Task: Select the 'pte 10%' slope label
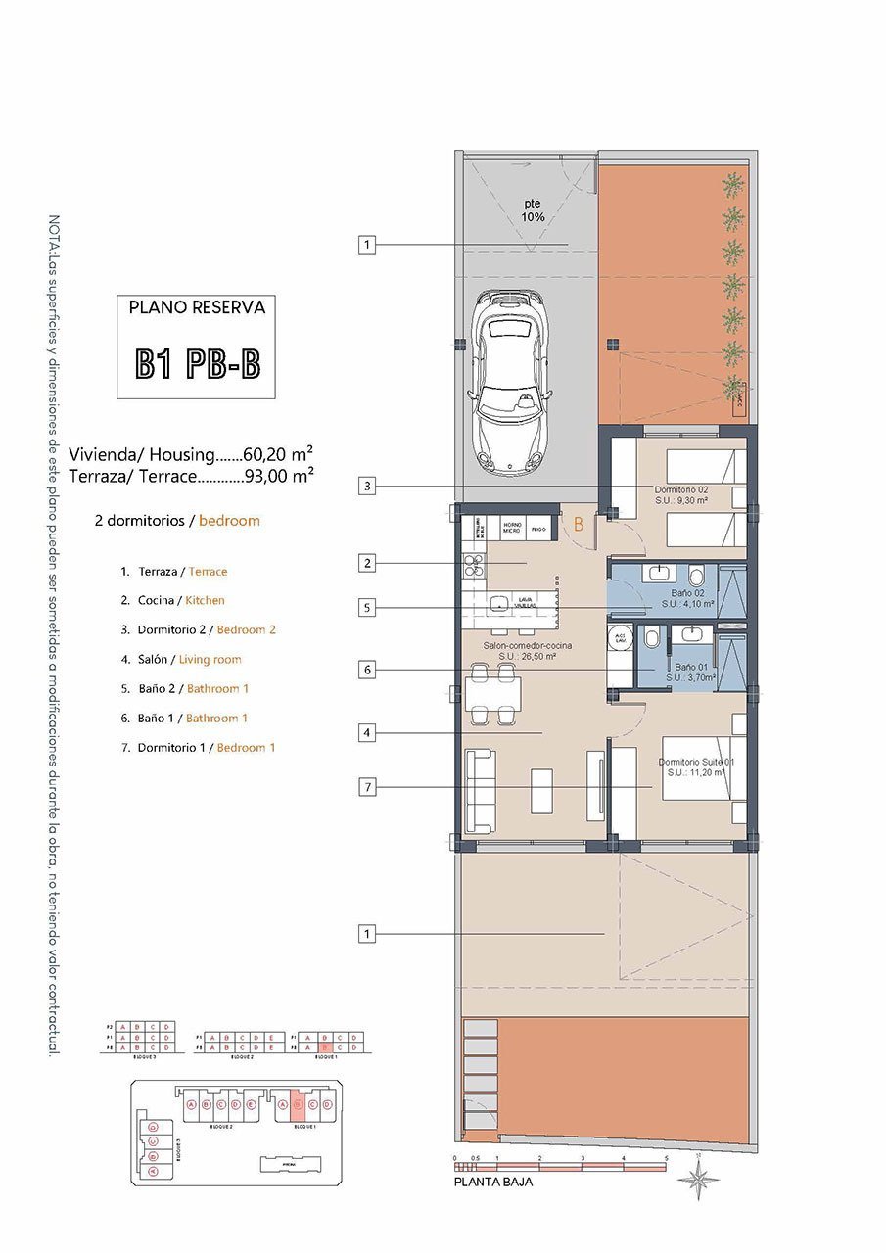pos(533,210)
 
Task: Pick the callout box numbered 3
pos(366,486)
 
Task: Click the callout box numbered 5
pos(366,608)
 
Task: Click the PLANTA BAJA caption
pos(493,1183)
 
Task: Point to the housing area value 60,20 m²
pos(278,454)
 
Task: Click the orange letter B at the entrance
pos(578,525)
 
